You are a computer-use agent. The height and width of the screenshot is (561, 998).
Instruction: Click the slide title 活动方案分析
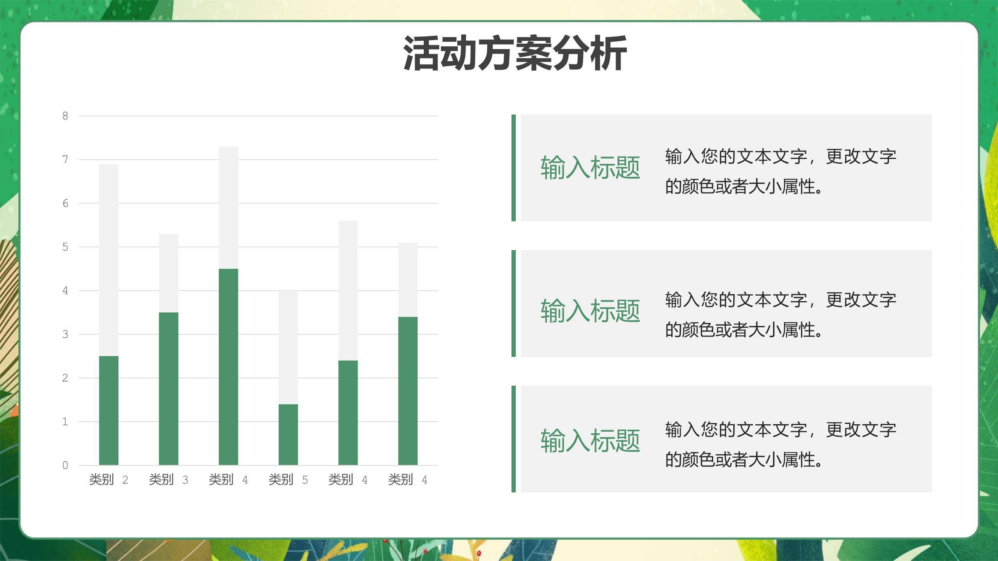[515, 53]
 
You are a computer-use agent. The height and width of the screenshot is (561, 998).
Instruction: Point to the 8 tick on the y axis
[65, 116]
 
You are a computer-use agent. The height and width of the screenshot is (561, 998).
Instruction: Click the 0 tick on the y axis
[65, 465]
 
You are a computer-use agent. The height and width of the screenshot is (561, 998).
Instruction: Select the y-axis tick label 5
[65, 247]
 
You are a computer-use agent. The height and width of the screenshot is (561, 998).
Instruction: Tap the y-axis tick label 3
[65, 334]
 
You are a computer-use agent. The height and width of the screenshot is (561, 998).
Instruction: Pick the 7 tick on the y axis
[65, 159]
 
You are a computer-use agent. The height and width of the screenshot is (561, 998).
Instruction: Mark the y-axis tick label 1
[65, 422]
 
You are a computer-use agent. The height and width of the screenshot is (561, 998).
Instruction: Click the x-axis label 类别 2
[108, 480]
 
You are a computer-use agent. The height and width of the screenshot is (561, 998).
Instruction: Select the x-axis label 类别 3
[168, 480]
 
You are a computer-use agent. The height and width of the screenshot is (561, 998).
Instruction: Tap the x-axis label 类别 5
[288, 480]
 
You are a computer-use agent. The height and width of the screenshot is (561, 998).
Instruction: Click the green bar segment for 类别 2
[109, 410]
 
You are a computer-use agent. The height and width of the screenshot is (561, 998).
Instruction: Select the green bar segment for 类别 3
[168, 388]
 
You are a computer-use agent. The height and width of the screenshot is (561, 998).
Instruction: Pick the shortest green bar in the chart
[288, 434]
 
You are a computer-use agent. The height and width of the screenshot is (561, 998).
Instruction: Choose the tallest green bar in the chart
[228, 367]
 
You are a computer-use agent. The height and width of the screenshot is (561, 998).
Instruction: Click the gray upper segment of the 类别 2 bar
[109, 260]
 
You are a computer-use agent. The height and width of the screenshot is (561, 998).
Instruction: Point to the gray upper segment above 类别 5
[288, 347]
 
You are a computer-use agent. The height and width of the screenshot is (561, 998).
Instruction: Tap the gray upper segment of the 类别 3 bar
[168, 273]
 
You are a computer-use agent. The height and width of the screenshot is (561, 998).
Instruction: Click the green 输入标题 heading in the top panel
[590, 168]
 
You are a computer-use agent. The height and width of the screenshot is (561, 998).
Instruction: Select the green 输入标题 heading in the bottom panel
[590, 441]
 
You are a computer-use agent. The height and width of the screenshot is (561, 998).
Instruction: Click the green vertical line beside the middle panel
[513, 303]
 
